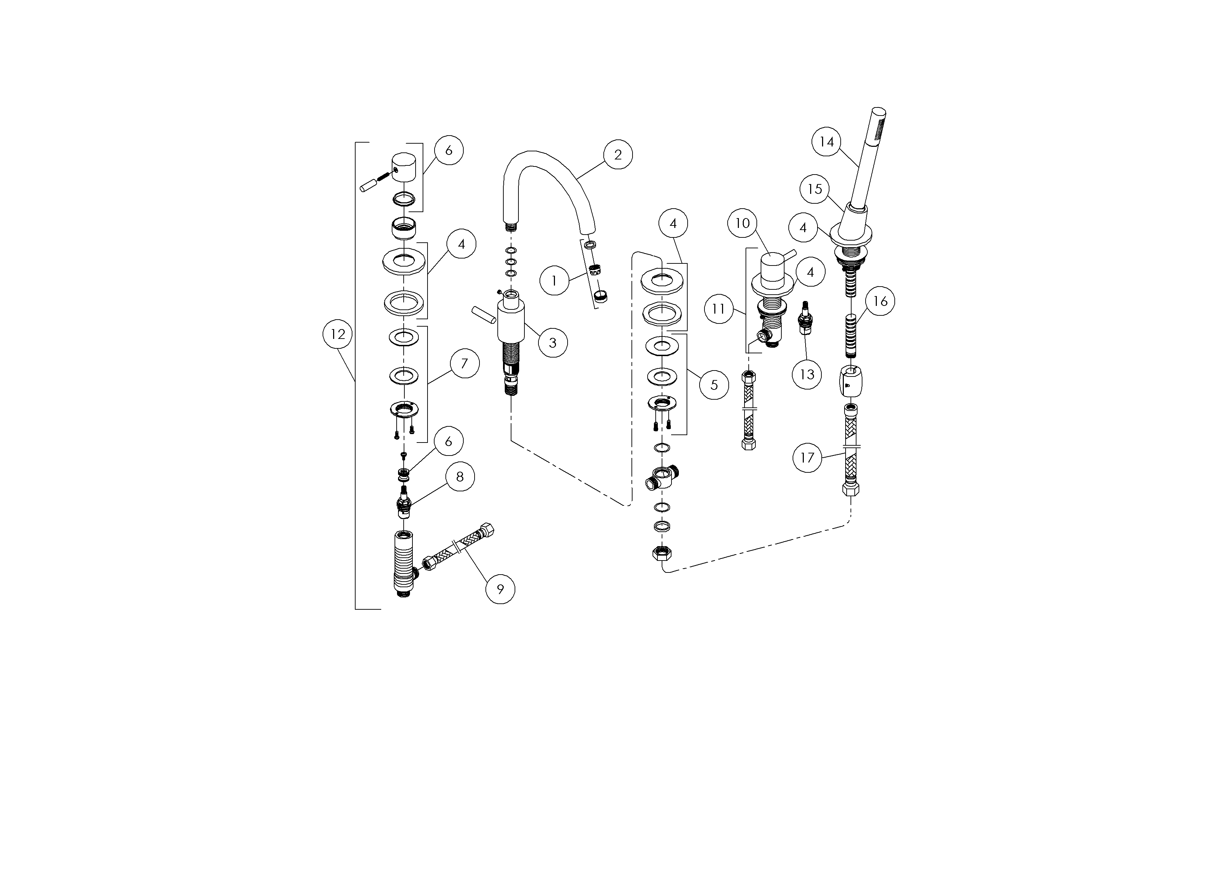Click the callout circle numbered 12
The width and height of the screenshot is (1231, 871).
click(x=338, y=334)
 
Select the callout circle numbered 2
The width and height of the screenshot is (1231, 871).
click(x=618, y=155)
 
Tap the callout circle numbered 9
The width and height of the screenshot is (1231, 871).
click(x=500, y=589)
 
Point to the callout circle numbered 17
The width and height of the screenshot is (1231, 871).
click(x=807, y=458)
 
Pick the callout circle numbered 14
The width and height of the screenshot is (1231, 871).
click(x=827, y=142)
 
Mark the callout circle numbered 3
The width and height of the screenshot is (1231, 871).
click(x=553, y=343)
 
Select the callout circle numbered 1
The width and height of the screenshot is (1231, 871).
click(x=554, y=281)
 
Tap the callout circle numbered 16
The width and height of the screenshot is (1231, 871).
click(x=880, y=301)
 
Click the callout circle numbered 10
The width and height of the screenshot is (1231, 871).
click(x=743, y=223)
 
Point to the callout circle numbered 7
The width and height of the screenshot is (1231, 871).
click(x=464, y=364)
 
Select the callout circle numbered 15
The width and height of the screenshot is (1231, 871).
click(x=814, y=189)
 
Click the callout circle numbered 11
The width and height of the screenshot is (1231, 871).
click(x=719, y=309)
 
